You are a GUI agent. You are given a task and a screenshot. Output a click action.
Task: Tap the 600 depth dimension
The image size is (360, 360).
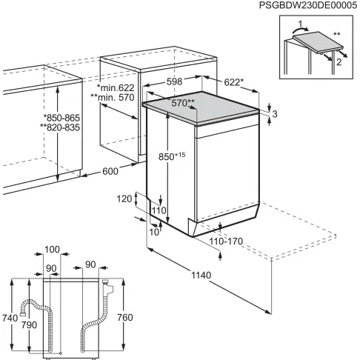click(x=110, y=171)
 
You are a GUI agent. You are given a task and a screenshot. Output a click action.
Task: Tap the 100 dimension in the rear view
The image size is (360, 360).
click(x=51, y=250)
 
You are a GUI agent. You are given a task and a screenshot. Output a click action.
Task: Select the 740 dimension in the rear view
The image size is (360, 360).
click(x=8, y=318)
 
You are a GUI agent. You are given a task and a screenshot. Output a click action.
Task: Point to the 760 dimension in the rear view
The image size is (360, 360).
click(x=126, y=318)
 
